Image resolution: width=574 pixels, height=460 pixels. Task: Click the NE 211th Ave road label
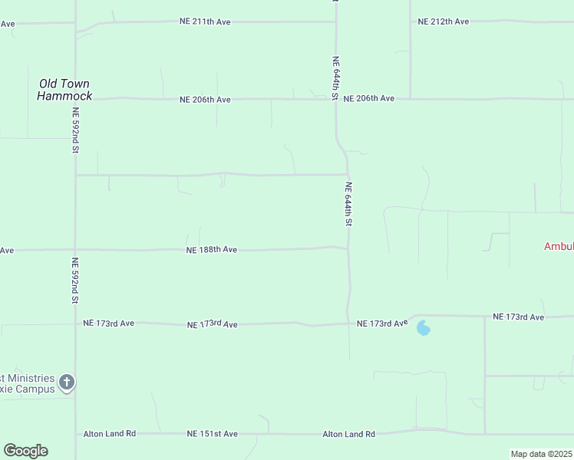tap(206, 22)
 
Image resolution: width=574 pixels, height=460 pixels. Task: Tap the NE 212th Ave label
tap(443, 21)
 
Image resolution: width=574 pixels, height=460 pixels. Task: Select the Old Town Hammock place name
tap(64, 90)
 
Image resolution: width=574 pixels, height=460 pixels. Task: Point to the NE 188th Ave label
tap(211, 250)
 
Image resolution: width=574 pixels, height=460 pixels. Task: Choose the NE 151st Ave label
tap(212, 434)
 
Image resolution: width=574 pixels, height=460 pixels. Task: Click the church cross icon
tap(68, 382)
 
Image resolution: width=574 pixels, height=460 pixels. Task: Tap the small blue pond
tap(423, 329)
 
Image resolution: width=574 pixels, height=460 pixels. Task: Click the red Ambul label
tap(559, 247)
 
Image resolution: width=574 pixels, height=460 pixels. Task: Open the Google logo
tap(25, 451)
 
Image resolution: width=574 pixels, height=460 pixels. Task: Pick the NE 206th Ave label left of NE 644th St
tap(205, 100)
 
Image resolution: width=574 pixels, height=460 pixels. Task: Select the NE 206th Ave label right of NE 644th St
tap(368, 99)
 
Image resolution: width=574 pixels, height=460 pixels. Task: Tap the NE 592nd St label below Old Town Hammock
tap(76, 130)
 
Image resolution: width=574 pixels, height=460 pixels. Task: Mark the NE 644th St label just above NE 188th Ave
tap(348, 204)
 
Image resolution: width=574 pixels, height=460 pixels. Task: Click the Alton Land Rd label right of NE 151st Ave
tap(348, 435)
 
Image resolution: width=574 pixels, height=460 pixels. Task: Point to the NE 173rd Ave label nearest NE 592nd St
tap(108, 324)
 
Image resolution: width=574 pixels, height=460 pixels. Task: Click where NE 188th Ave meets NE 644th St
tap(348, 248)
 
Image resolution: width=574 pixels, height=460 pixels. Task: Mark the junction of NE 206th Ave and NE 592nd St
tap(75, 100)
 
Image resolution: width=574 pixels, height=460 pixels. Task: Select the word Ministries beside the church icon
tap(30, 378)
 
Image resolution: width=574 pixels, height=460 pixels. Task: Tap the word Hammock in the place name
tap(64, 96)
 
